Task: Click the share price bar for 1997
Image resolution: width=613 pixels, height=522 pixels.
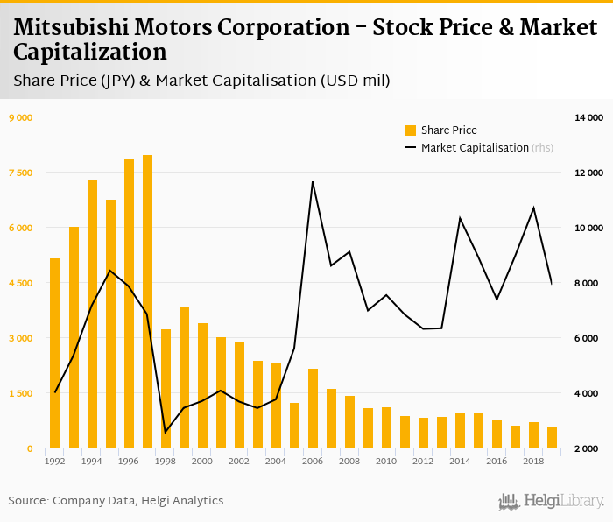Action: coord(147,301)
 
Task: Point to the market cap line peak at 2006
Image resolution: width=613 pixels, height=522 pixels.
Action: coord(313,182)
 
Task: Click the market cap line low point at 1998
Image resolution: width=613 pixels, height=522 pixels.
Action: coord(166,432)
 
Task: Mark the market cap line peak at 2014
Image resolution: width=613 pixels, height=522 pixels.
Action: coord(460,217)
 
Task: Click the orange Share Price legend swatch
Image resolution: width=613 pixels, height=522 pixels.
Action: coord(411,130)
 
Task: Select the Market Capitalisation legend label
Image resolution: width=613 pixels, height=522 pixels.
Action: coord(475,148)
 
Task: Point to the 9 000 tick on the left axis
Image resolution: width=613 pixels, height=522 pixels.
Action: coord(20,117)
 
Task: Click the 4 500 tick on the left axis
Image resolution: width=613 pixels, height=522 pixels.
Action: coord(20,283)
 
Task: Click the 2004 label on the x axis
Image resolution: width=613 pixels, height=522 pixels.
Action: coord(276,461)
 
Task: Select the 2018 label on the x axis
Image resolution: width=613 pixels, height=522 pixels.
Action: coord(533,461)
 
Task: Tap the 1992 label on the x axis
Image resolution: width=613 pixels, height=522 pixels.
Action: coord(55,461)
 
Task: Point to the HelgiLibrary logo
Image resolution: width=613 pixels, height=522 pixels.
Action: coord(552,501)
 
